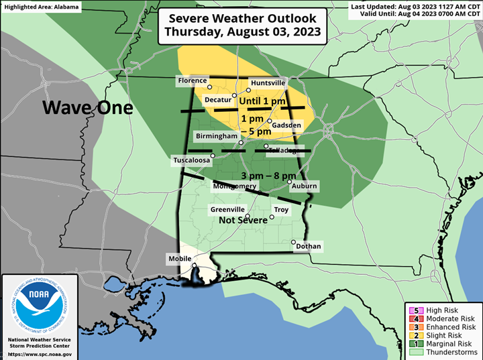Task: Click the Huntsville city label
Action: click(x=268, y=82)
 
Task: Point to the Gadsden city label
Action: click(x=286, y=125)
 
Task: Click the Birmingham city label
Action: click(x=216, y=136)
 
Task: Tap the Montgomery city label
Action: click(x=234, y=186)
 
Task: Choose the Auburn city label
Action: click(x=304, y=186)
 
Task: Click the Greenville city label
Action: click(x=227, y=209)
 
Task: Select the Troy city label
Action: click(x=281, y=210)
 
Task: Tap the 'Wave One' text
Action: click(x=88, y=107)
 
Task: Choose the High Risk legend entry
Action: click(x=443, y=310)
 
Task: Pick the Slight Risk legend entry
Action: click(x=443, y=335)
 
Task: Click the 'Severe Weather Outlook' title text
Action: click(x=243, y=19)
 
